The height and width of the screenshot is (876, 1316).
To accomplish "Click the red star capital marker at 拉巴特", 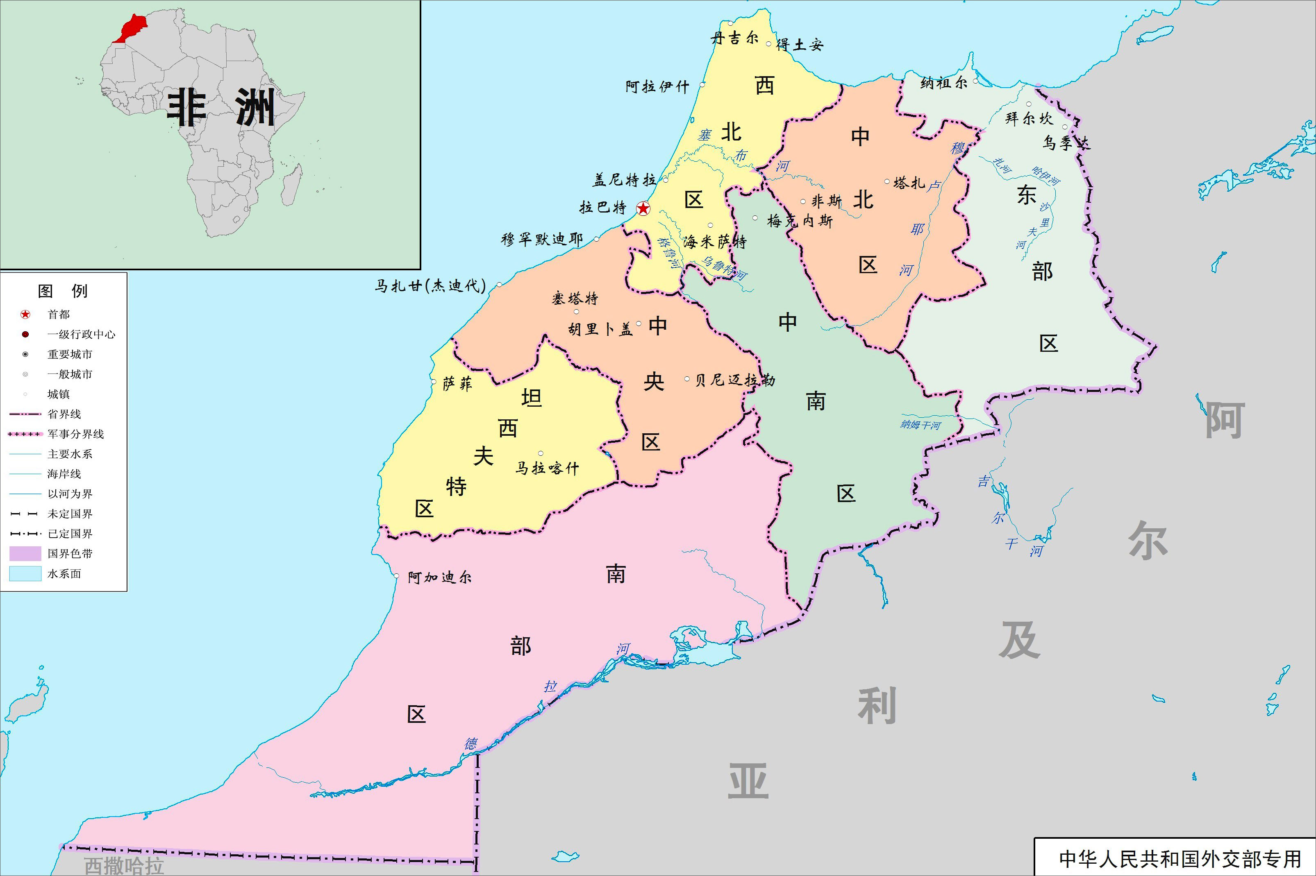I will point(643,209).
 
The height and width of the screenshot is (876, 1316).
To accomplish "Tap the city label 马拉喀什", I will point(547,468).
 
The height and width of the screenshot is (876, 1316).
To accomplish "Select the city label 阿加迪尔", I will point(439,577).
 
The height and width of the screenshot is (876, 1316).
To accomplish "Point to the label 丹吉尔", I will point(734,38).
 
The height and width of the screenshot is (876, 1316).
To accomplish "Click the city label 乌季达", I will point(1066,143).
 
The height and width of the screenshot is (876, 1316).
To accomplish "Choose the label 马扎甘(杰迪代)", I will point(430,286).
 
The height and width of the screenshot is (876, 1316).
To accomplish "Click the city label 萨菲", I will point(457,384).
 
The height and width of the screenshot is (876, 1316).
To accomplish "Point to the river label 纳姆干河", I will point(920,425).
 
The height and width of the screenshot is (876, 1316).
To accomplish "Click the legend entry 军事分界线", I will point(75,434).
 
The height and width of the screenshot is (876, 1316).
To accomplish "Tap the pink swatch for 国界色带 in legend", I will point(25,554).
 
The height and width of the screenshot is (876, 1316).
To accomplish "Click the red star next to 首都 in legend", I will point(25,315).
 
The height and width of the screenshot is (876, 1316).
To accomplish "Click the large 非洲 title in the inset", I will point(221,107).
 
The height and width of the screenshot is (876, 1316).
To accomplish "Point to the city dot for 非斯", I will point(803,201).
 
